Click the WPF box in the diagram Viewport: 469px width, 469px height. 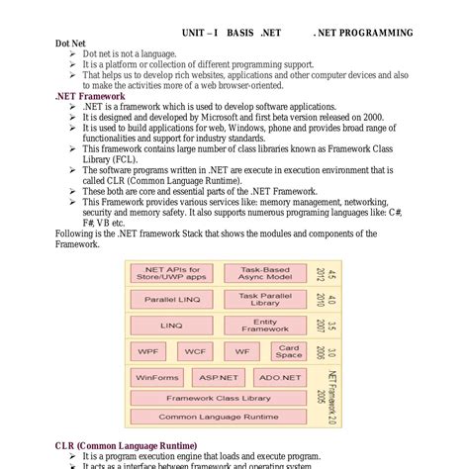(x=148, y=351)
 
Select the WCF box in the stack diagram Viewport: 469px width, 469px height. (x=196, y=351)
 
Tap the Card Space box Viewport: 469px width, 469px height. (x=289, y=351)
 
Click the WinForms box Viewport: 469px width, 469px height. (x=157, y=377)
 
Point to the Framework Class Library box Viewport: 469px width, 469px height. (x=219, y=399)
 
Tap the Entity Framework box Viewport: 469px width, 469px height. (x=265, y=325)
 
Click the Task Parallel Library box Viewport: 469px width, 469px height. (x=265, y=299)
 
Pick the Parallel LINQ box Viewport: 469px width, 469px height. (x=172, y=299)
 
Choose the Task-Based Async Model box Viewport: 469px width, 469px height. (x=265, y=273)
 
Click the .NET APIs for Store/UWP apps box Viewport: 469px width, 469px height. (x=172, y=273)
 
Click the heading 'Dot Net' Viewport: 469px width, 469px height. (x=70, y=44)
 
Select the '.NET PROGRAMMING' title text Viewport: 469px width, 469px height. (x=362, y=33)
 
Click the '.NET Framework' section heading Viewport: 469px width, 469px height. (x=90, y=97)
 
